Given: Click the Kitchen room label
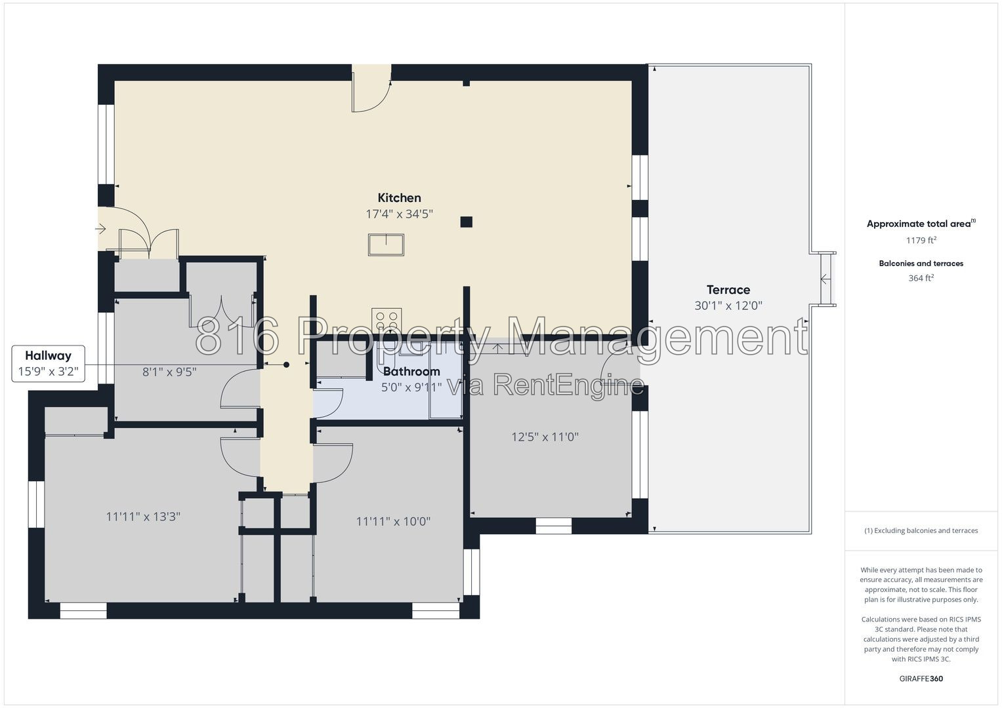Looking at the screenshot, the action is point(399,197).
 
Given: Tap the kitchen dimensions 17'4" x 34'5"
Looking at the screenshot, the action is point(399,214).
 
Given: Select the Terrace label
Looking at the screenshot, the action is point(728,290).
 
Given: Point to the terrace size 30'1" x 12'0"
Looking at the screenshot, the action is point(728,305).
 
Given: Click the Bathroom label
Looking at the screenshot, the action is point(411,372).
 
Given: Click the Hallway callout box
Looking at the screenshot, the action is point(49,363).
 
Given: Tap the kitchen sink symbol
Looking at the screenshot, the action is point(386,245).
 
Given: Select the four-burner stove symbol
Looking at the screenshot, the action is point(386,321).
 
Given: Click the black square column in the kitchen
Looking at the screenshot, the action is point(466,222).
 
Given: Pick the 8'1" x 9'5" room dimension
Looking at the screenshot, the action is point(169,372).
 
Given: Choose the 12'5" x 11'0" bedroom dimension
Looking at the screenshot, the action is point(545,437).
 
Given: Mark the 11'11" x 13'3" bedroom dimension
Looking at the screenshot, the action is point(143,517).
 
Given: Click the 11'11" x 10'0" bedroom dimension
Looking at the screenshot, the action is point(393,521).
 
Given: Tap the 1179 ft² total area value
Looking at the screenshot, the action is point(921,240).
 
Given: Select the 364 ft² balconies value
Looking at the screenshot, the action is point(921,277).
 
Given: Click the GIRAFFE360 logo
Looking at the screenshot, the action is point(921,678).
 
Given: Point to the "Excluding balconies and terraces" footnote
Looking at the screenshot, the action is point(921,530).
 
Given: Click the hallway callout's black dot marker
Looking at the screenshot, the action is point(286,364).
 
